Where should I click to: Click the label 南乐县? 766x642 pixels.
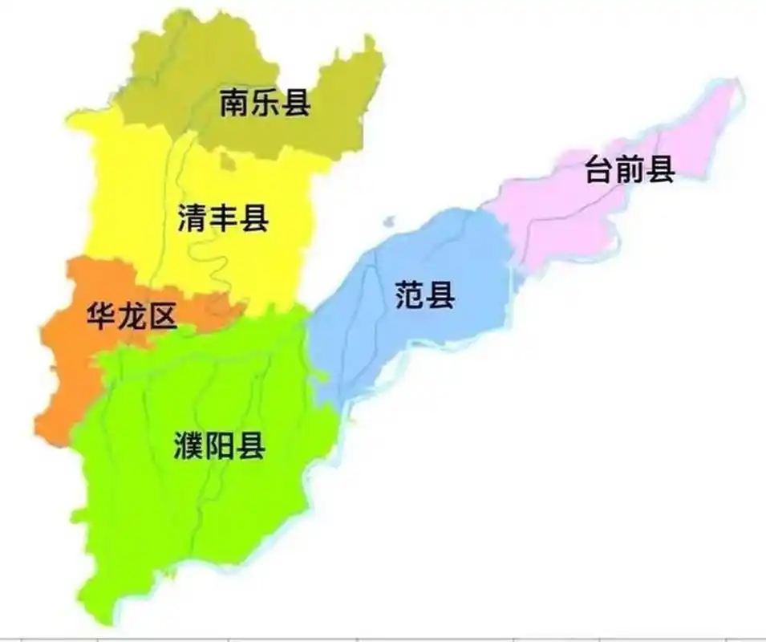click(x=265, y=103)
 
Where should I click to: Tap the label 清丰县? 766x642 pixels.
click(x=222, y=218)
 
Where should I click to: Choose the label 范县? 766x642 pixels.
click(x=425, y=296)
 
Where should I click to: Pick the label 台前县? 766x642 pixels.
click(x=630, y=169)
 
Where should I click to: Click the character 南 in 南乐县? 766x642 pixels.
click(x=235, y=103)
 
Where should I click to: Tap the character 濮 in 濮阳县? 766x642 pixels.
click(x=189, y=446)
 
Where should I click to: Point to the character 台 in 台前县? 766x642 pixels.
click(x=600, y=169)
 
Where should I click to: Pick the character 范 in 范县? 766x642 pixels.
click(x=410, y=296)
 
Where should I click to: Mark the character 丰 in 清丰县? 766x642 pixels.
click(x=222, y=218)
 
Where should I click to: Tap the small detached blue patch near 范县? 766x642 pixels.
click(x=389, y=221)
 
